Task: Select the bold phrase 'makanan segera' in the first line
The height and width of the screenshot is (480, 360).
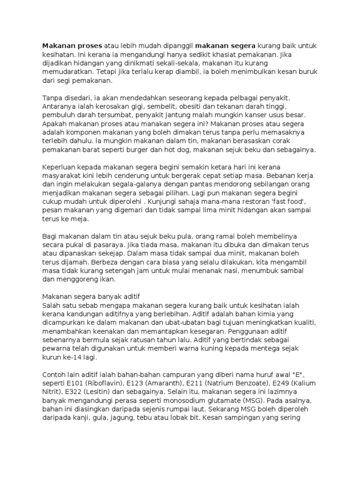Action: coord(225,46)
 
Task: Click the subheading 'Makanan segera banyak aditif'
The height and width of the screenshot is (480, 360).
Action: coord(91,297)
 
